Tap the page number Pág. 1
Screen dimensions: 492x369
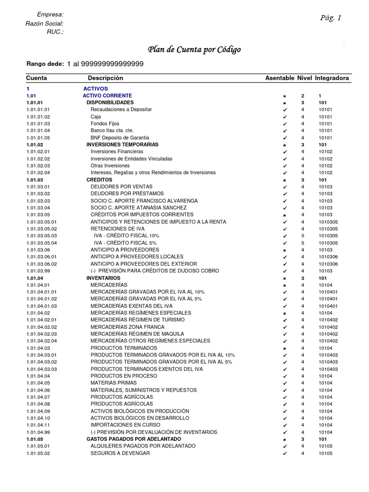click(331, 18)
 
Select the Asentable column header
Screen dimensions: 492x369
click(280, 78)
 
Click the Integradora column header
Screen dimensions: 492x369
click(332, 78)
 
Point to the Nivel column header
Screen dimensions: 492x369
click(305, 78)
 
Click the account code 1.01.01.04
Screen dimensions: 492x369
click(38, 131)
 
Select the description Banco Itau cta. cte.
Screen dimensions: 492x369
click(112, 131)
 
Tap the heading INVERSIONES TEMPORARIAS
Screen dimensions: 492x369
click(122, 145)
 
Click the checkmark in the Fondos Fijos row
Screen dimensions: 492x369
click(284, 123)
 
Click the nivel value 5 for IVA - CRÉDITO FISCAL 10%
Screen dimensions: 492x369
click(303, 236)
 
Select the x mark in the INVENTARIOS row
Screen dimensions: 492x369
click(284, 278)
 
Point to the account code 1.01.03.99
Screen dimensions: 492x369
click(38, 271)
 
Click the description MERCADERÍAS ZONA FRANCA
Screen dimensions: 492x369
click(127, 327)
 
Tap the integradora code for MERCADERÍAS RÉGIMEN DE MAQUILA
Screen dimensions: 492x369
click(328, 334)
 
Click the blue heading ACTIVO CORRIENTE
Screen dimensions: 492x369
click(107, 96)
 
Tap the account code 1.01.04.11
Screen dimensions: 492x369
click(38, 425)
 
